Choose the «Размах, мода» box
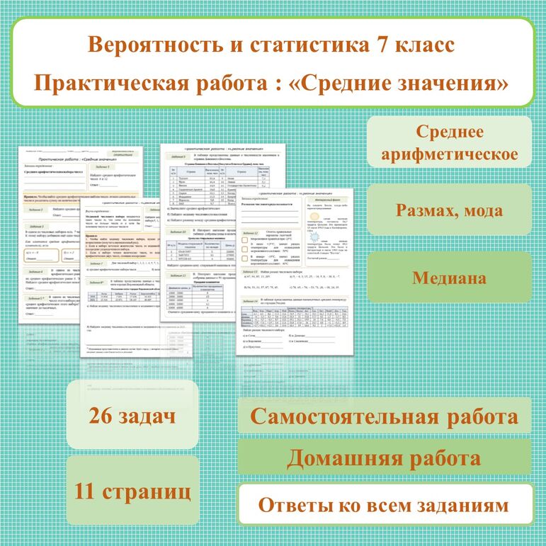[x=450, y=210]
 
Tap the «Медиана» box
[x=450, y=278]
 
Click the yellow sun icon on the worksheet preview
[x=315, y=215]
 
